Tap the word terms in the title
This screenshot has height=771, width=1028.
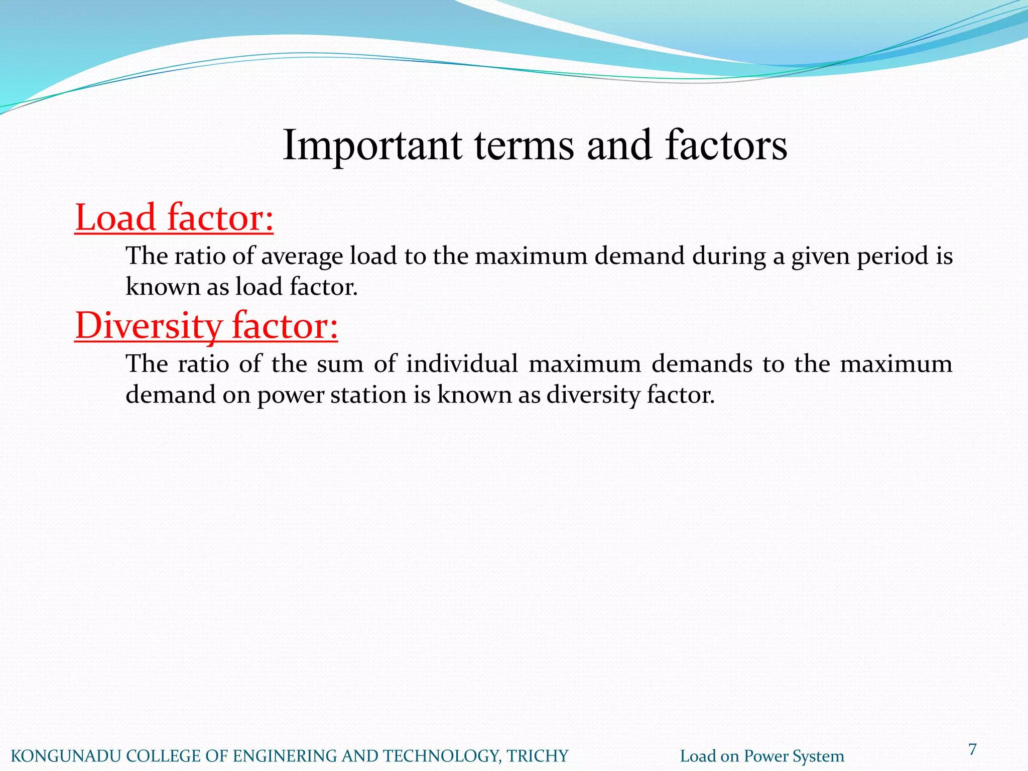[524, 146]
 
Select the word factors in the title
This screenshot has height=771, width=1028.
[726, 146]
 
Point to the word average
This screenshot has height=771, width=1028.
[302, 256]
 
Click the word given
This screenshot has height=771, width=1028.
[821, 256]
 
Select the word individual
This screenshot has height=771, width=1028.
[462, 364]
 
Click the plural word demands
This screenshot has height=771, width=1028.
[702, 364]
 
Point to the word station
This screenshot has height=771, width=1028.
[368, 395]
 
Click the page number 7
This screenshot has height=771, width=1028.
[972, 749]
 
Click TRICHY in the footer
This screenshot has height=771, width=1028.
[537, 756]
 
